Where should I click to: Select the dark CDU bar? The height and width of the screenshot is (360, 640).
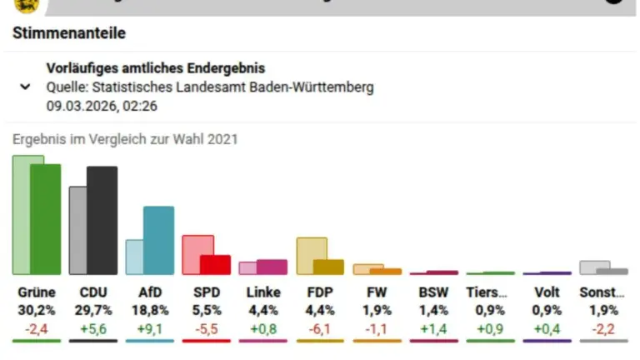pyautogui.click(x=102, y=220)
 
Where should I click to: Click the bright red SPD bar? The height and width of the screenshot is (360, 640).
pyautogui.click(x=215, y=265)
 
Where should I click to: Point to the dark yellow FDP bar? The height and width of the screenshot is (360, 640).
pyautogui.click(x=328, y=267)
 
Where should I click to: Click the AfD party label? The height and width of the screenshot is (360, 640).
pyautogui.click(x=150, y=292)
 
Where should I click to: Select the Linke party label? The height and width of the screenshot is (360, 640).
pyautogui.click(x=263, y=292)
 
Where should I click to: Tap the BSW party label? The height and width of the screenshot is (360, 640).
pyautogui.click(x=433, y=292)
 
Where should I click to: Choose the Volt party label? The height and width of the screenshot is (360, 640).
pyautogui.click(x=547, y=292)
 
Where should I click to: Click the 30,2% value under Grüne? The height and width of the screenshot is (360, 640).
pyautogui.click(x=37, y=310)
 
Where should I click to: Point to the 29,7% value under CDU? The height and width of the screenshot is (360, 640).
pyautogui.click(x=93, y=310)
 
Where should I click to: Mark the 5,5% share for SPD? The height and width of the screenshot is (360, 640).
pyautogui.click(x=207, y=310)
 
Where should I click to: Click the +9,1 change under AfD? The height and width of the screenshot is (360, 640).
pyautogui.click(x=150, y=327)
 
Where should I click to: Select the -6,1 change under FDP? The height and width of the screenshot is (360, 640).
pyautogui.click(x=320, y=327)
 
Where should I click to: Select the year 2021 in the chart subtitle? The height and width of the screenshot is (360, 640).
pyautogui.click(x=221, y=139)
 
